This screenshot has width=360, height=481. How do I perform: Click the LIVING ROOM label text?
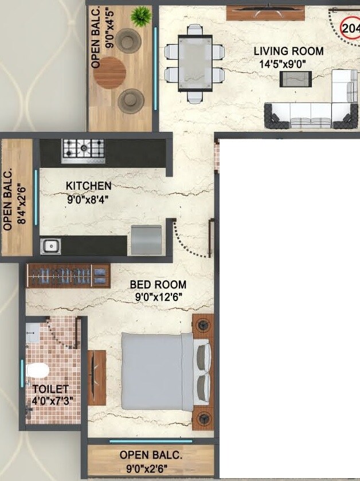click(x=288, y=51)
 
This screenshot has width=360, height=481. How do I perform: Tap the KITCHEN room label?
click(x=88, y=186)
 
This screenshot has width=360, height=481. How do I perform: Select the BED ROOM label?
click(x=158, y=284)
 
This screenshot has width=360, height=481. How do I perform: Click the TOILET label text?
click(x=50, y=389)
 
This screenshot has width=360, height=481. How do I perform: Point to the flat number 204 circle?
click(x=350, y=27)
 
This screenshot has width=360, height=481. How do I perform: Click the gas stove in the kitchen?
click(x=83, y=148)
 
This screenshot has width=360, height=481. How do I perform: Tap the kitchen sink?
click(x=50, y=246)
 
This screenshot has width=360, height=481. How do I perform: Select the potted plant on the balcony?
click(x=139, y=17)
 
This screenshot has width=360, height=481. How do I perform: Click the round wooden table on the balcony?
click(x=110, y=72)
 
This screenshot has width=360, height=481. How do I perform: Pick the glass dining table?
click(x=194, y=63)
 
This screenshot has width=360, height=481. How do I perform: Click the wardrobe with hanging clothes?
click(x=68, y=275)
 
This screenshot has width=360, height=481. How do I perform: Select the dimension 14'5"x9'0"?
click(x=289, y=65)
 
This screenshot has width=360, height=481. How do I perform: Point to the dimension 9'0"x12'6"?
click(x=158, y=296)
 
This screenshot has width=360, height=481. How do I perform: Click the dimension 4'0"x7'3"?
click(x=52, y=400)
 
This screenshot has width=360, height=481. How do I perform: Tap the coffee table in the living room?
click(x=295, y=79)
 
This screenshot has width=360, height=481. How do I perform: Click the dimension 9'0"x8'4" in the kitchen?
click(x=87, y=200)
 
